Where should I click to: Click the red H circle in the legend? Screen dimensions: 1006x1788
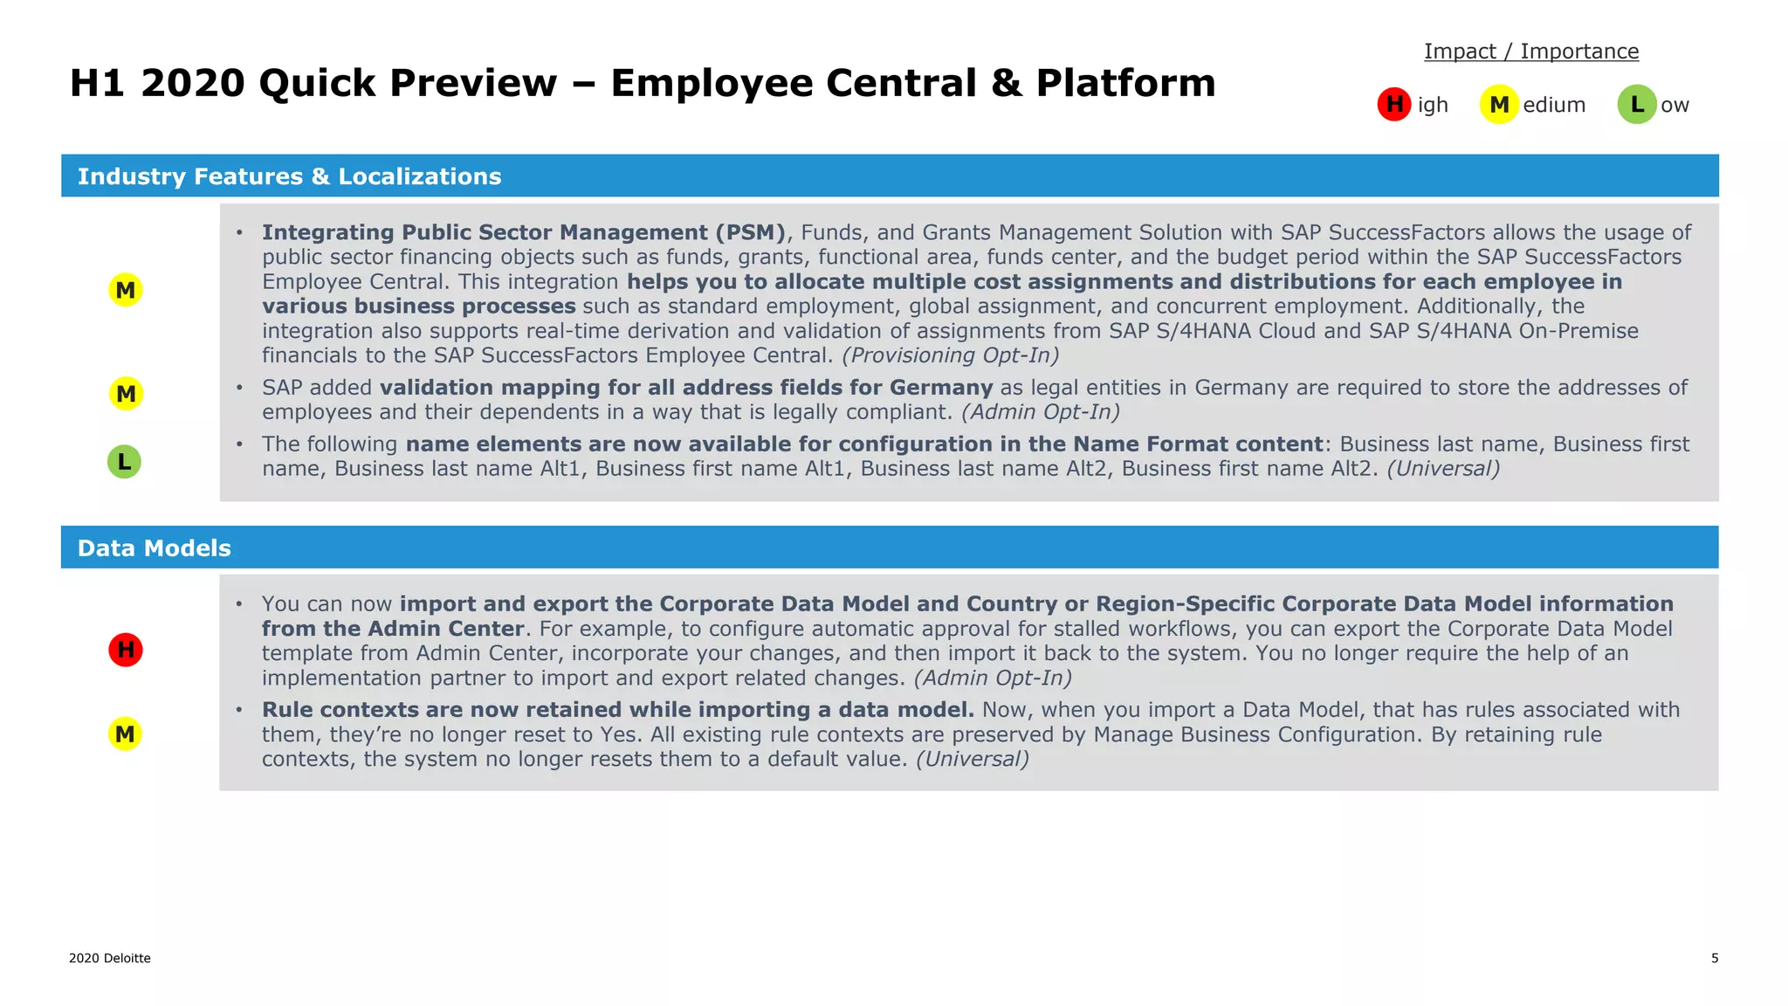[x=1394, y=105]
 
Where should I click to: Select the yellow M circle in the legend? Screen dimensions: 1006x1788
[x=1499, y=105]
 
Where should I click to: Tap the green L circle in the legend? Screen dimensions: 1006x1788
[x=1637, y=105]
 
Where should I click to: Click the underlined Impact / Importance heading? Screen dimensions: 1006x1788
[x=1531, y=52]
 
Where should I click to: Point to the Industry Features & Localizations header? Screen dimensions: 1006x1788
[x=290, y=176]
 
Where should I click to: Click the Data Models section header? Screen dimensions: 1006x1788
[x=155, y=548]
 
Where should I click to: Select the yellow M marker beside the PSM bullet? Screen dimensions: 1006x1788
[x=126, y=290]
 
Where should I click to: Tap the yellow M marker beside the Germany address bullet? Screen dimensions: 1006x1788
[x=126, y=394]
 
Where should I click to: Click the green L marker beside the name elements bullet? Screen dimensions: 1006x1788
[x=125, y=462]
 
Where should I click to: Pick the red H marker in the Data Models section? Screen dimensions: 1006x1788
[x=126, y=650]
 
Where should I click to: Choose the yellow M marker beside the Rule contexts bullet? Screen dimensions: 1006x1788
[x=126, y=734]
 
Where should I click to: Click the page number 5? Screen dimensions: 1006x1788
[x=1715, y=958]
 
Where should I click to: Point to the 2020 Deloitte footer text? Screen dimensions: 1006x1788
[x=110, y=958]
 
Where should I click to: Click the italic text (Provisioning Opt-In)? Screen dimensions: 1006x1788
[x=950, y=355]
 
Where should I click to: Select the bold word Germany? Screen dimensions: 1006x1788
[x=941, y=388]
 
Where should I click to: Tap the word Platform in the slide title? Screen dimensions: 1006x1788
[x=1125, y=83]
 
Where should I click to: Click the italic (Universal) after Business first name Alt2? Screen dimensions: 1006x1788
[x=1443, y=469]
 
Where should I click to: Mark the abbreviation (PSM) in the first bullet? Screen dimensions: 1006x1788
[x=751, y=232]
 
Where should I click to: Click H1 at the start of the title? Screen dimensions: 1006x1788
[x=99, y=83]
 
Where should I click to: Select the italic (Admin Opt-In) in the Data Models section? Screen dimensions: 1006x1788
[x=993, y=679]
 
